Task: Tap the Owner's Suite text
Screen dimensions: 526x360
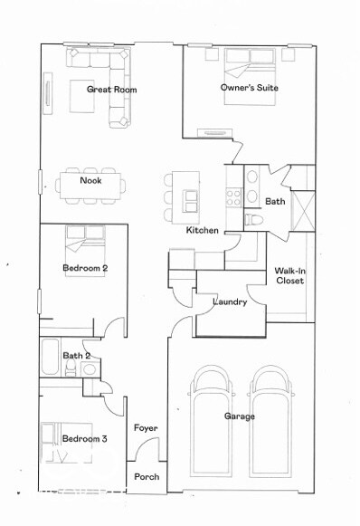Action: pos(249,88)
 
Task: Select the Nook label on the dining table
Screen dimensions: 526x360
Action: pos(90,181)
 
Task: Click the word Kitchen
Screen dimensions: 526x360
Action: pos(202,231)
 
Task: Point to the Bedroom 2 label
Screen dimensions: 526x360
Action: pos(85,268)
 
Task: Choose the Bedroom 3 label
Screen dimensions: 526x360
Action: pos(85,439)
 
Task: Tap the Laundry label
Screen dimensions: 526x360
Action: pos(230,301)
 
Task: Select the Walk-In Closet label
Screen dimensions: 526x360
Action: pos(289,276)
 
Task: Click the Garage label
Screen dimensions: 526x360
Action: pos(240,416)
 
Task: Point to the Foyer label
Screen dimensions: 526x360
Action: pos(147,427)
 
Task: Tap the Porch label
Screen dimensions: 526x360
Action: pos(147,476)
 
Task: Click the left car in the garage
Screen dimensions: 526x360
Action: pos(212,426)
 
